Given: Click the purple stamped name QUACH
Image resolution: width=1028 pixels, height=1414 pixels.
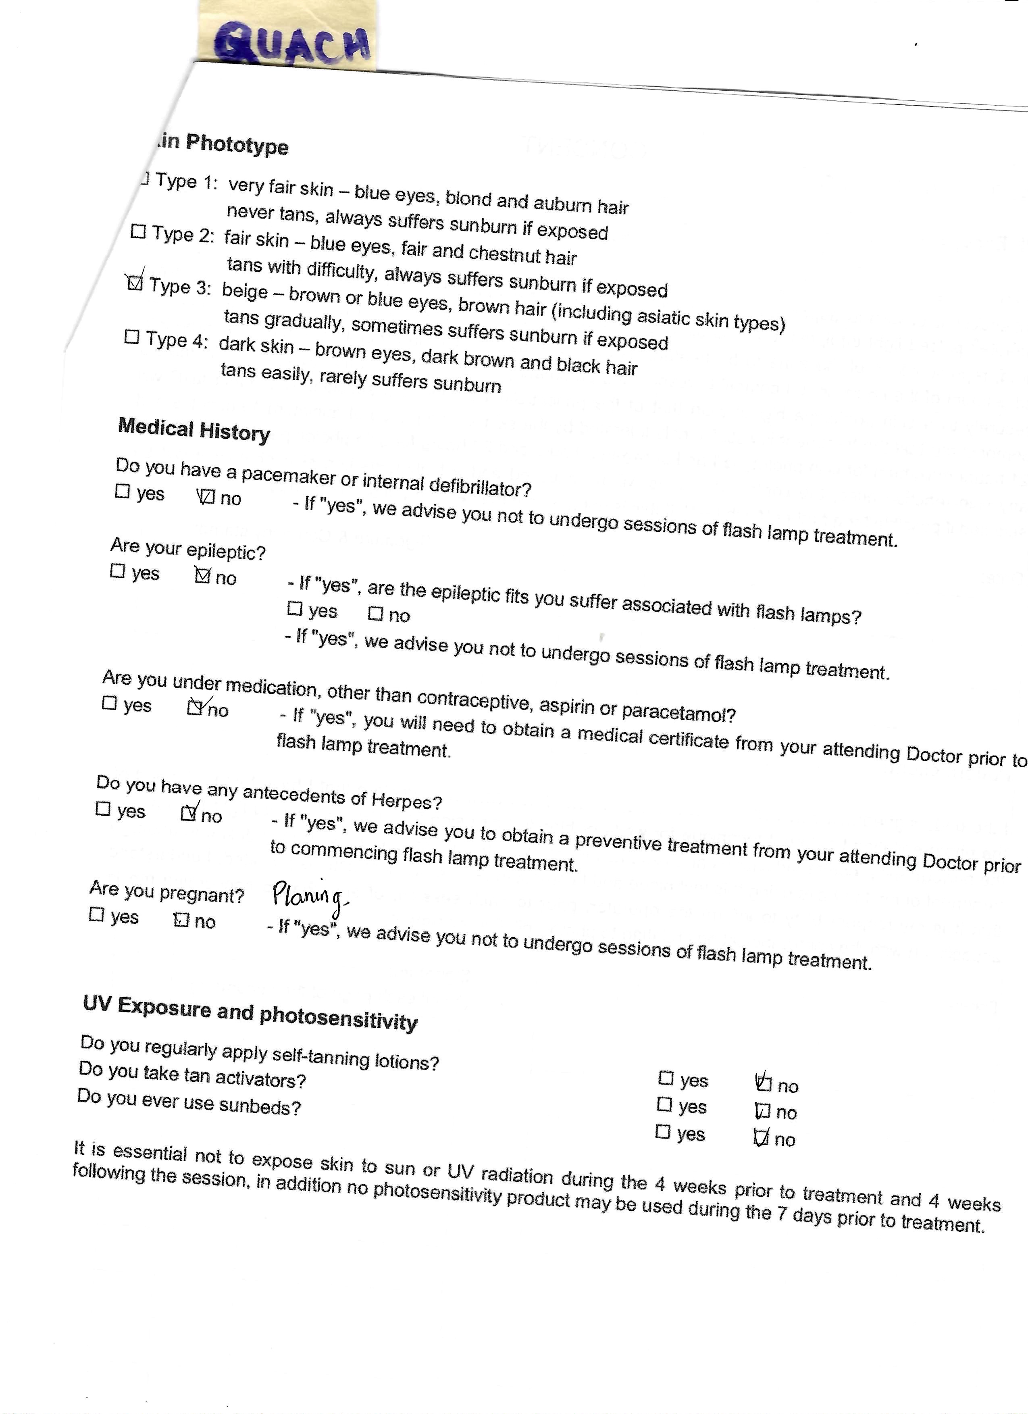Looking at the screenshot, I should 292,44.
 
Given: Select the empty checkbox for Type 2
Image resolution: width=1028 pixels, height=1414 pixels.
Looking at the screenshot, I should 138,232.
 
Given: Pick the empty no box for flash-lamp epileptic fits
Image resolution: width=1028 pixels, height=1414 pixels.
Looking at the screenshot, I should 375,614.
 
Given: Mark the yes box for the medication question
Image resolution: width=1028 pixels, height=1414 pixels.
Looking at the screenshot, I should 109,703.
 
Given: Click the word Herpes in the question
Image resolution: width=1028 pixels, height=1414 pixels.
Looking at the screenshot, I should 406,800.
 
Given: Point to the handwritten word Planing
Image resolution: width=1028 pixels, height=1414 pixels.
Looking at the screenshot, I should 308,898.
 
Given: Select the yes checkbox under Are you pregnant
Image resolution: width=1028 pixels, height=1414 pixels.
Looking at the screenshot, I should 97,914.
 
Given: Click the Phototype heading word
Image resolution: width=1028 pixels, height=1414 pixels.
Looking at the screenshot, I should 237,145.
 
